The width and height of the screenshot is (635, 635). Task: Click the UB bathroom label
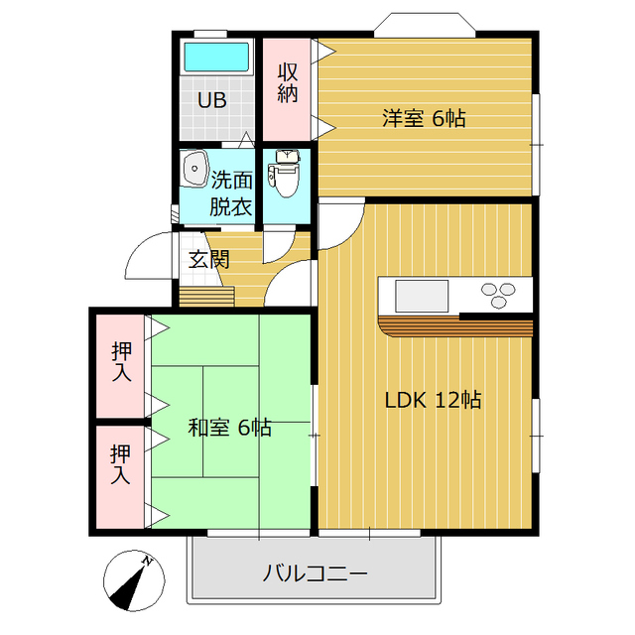[x=211, y=100]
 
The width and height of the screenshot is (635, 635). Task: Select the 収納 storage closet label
[x=289, y=83]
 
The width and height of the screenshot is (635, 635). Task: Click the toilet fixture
[x=287, y=173]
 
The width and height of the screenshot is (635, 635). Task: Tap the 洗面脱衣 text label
[x=231, y=194]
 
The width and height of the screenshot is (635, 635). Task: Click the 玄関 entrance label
[x=209, y=260]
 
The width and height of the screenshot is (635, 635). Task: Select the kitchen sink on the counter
[x=422, y=295]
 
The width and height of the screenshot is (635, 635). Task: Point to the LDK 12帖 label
[x=434, y=400]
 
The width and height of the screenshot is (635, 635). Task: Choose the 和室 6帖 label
[x=230, y=428]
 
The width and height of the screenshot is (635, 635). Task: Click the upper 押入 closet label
[x=121, y=361]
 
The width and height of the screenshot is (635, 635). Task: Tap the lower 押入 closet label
[x=121, y=464]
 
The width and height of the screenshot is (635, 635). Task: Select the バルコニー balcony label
[x=316, y=573]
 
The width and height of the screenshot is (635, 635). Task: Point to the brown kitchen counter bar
[x=456, y=326]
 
